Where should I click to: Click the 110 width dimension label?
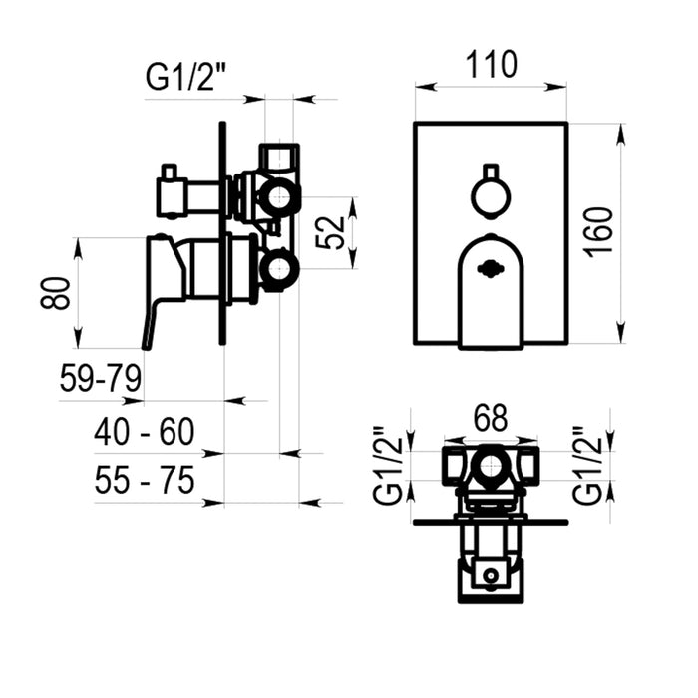coord(491,65)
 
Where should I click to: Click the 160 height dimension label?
coord(599,232)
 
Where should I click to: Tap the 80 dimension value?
coord(55,293)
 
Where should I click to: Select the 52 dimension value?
coord(330,232)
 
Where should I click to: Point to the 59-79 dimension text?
coord(101,378)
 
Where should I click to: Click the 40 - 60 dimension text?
coord(145,432)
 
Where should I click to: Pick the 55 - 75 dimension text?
coord(145,480)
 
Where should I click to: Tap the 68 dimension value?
coord(491,418)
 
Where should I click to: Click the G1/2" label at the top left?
coord(186,77)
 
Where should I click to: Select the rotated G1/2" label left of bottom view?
coord(389,466)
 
